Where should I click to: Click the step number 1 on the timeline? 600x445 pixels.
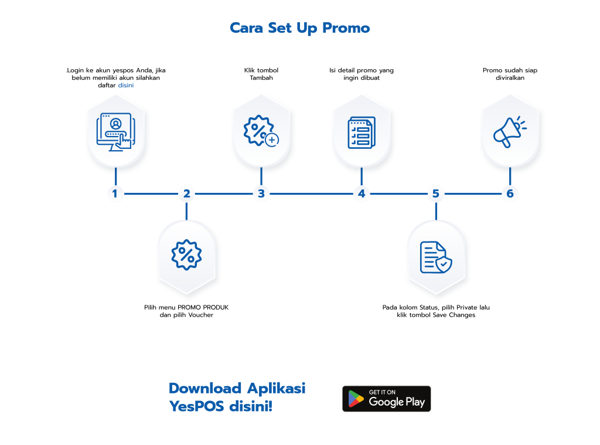115,193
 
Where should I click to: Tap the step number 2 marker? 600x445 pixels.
187,193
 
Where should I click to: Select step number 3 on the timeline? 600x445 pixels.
261,193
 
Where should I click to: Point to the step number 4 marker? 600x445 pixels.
362,193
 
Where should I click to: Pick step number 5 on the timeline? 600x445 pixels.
436,193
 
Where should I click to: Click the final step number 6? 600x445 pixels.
510,193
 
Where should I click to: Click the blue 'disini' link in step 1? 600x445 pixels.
126,85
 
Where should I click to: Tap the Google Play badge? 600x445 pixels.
387,399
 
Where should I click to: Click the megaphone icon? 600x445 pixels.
510,132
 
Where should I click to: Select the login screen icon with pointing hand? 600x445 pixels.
115,132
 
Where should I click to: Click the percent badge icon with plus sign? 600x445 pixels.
261,131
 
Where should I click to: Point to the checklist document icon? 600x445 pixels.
362,132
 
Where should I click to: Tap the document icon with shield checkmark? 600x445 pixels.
436,257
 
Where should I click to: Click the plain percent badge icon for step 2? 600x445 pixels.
186,254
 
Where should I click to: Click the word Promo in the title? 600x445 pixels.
346,28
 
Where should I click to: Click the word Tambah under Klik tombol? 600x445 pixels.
261,78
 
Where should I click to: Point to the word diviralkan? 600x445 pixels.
510,78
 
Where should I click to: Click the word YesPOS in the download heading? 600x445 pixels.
196,406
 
